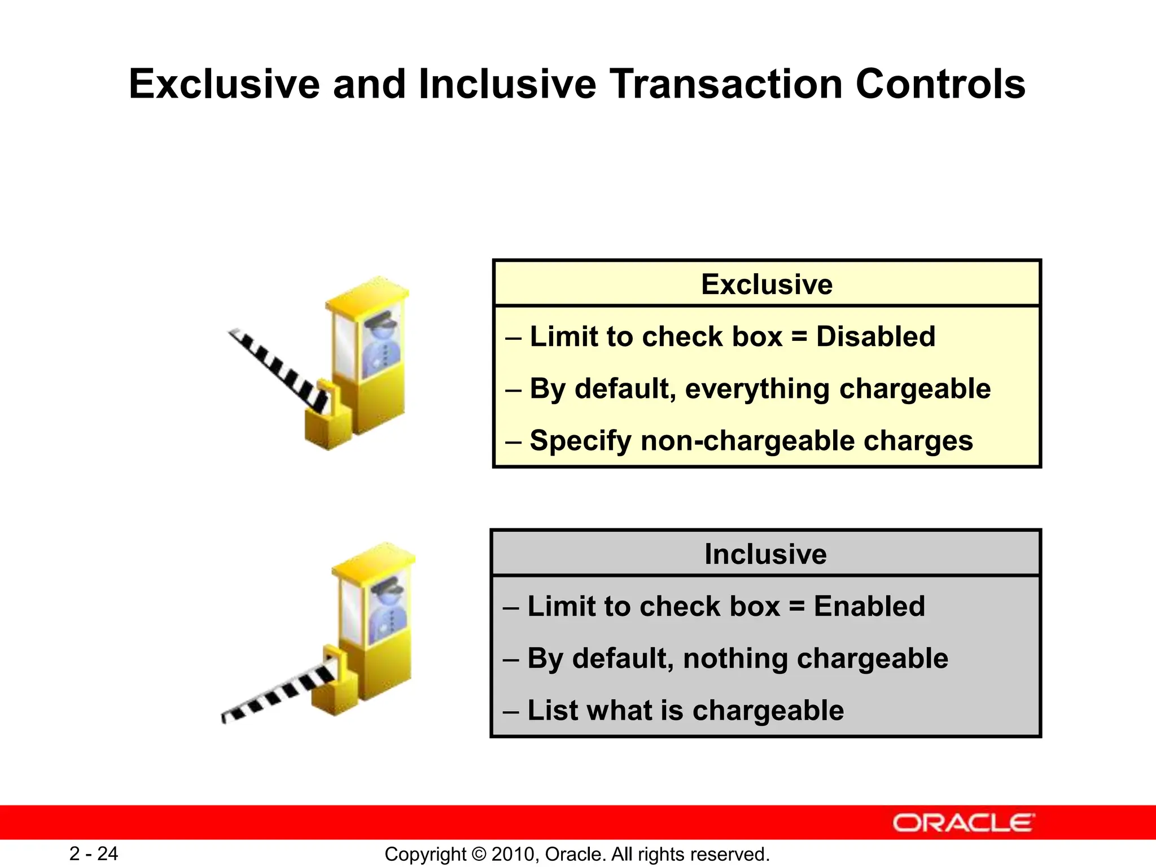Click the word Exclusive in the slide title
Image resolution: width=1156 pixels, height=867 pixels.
coord(225,85)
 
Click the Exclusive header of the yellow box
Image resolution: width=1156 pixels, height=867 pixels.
coord(767,284)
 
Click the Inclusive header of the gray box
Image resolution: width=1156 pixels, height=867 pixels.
coord(765,554)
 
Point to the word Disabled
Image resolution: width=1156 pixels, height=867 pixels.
coord(875,337)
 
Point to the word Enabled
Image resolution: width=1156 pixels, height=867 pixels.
coord(869,607)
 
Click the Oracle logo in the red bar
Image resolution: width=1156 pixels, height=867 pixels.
coord(964,823)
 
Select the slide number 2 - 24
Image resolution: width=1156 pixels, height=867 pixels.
coord(94,853)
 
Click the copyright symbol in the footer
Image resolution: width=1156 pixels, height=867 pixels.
coord(479,854)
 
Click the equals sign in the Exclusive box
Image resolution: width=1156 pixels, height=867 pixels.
coord(799,337)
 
